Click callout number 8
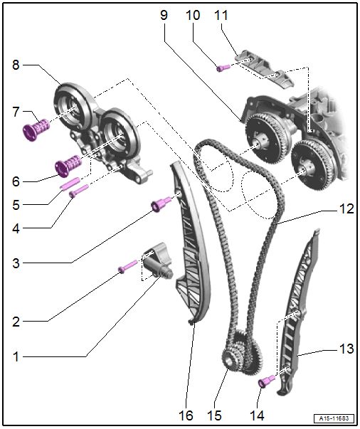[16, 65]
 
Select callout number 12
[346, 208]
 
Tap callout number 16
[186, 415]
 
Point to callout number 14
[257, 415]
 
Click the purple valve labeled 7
[36, 130]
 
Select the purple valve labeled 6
[68, 165]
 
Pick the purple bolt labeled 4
[79, 191]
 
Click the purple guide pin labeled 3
[162, 204]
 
